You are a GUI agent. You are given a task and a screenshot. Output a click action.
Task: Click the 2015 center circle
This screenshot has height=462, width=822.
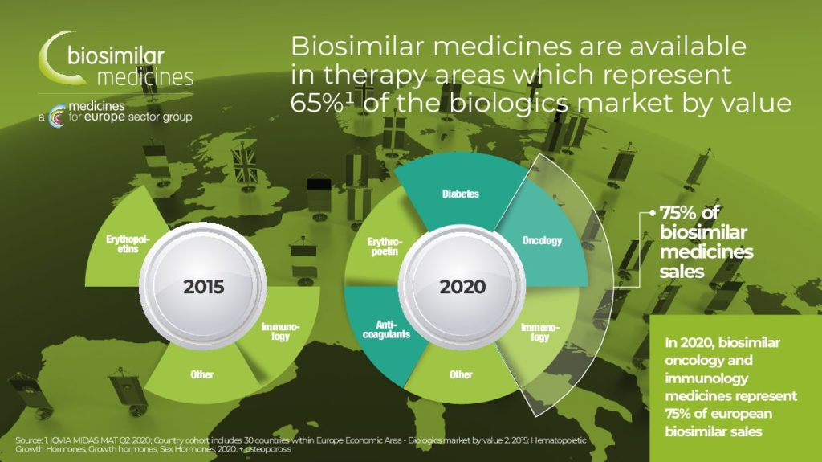coord(203,286)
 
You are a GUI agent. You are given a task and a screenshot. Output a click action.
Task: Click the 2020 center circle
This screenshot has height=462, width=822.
coord(462,286)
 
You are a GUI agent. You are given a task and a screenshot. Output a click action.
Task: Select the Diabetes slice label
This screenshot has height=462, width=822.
coord(460,194)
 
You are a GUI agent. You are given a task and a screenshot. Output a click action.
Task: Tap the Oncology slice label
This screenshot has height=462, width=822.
coord(542,240)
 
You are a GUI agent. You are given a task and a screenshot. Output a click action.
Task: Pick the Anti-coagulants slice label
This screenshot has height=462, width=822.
coord(386,329)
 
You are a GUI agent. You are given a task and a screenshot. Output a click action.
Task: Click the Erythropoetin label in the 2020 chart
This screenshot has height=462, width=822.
coord(385,247)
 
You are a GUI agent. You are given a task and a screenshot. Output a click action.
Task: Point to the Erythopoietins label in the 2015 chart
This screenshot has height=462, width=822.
coord(128,244)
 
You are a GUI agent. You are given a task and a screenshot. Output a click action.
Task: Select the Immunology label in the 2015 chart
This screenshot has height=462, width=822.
coord(280,332)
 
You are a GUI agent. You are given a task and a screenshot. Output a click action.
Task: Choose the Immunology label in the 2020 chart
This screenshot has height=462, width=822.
coord(540,333)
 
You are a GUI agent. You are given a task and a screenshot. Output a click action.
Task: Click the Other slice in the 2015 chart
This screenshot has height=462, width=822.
coord(201,374)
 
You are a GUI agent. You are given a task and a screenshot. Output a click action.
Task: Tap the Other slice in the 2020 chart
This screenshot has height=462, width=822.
coord(462,374)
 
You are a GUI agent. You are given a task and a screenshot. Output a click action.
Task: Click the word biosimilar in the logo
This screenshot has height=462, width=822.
coord(116,55)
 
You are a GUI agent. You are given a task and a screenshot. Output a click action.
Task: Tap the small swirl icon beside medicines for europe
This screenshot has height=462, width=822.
coord(57,116)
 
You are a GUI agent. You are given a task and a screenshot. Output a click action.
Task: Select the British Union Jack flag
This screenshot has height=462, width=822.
coord(244,166)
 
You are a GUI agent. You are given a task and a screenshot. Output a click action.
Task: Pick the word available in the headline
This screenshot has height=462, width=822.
coord(687,47)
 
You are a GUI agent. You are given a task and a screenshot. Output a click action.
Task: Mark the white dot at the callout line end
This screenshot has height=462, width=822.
coord(653,213)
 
